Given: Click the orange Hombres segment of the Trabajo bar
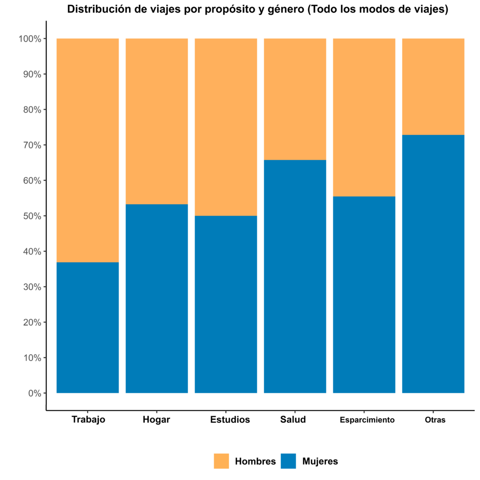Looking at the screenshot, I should tap(87, 150).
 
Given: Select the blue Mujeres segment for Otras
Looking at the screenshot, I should tap(433, 263).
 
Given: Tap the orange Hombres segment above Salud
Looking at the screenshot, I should tap(295, 99).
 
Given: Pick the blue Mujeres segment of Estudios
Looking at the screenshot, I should tap(225, 304).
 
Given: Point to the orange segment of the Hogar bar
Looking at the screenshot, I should tap(157, 121).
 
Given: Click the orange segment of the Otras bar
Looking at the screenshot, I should tap(433, 86).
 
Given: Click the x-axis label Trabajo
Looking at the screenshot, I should tap(88, 420).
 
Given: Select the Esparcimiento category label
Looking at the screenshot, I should tap(367, 420).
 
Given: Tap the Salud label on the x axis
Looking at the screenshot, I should tap(293, 420).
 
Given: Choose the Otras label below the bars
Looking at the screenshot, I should tap(435, 420).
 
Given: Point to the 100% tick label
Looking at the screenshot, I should tap(29, 39).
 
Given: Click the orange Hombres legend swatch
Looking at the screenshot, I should tap(221, 461).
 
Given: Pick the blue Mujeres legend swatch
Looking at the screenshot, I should tap(288, 461).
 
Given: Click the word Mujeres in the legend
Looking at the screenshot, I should tap(320, 461).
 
